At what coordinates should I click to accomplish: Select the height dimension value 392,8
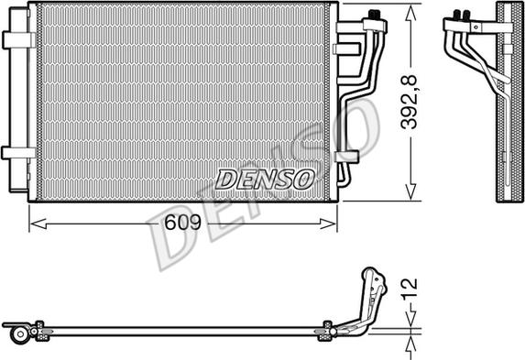412,103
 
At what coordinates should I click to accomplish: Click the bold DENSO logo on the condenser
265,179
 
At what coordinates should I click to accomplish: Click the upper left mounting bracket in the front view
16,40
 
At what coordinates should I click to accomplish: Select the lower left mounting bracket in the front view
16,153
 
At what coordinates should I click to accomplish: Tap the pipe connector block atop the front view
374,16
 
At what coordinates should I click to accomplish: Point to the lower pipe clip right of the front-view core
345,156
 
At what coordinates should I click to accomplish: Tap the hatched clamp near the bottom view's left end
39,330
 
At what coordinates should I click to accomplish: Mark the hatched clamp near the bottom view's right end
325,330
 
